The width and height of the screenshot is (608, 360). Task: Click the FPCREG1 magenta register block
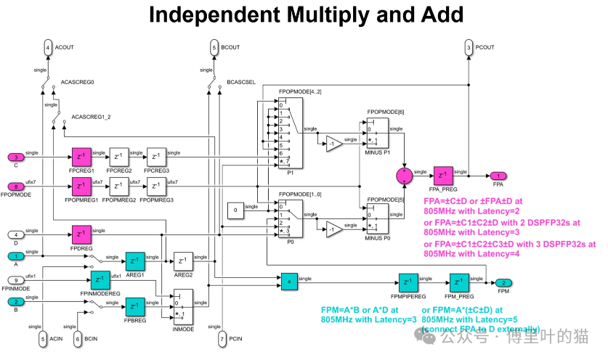(x=81, y=157)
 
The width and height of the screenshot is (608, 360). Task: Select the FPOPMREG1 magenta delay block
(x=81, y=187)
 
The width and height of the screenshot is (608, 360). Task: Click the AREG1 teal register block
(x=135, y=261)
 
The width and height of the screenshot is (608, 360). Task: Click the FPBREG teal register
(x=135, y=306)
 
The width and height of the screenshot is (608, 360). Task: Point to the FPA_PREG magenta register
(x=444, y=176)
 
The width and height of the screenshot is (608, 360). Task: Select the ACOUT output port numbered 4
(x=49, y=49)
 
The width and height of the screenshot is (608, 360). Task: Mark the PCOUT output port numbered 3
(x=469, y=49)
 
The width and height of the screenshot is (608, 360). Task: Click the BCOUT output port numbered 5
(x=214, y=49)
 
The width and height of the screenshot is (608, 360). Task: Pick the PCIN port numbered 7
(x=222, y=338)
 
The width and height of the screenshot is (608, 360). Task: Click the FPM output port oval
(x=500, y=283)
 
